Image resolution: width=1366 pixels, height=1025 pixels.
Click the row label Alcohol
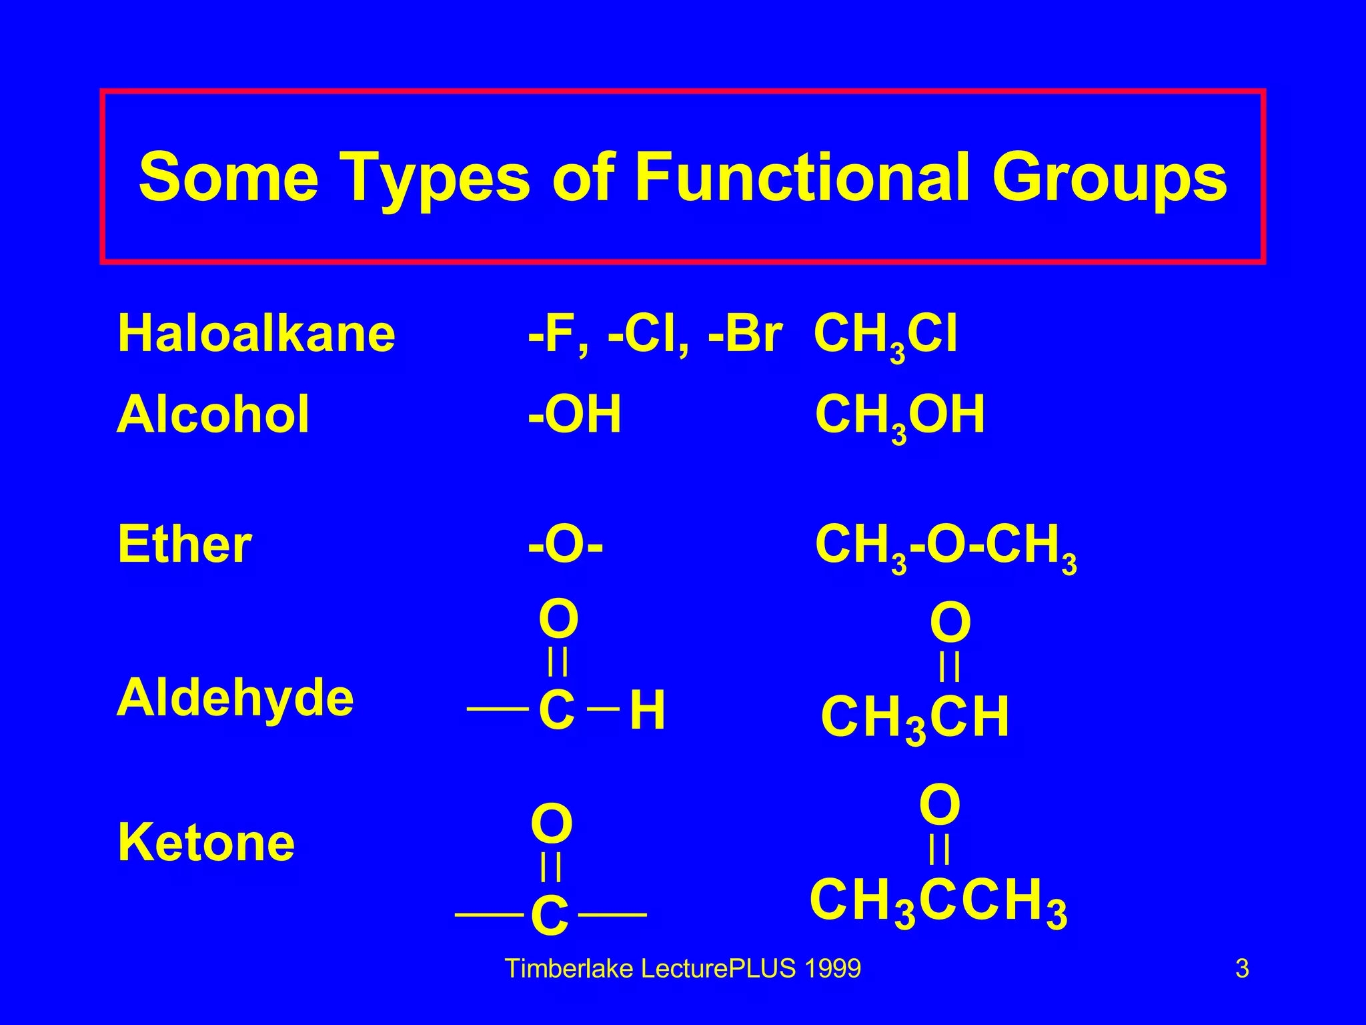(213, 414)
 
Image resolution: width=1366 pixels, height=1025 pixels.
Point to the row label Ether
(184, 544)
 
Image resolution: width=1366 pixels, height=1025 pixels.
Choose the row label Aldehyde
(235, 697)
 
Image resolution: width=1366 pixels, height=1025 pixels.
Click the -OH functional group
(574, 414)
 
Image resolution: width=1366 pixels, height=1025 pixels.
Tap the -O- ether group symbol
(566, 545)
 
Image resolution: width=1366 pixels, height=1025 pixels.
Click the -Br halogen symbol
(745, 334)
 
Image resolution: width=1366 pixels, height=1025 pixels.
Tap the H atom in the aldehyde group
(647, 711)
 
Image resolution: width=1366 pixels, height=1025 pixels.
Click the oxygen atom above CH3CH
(950, 623)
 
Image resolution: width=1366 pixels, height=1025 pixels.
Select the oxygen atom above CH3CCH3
(940, 806)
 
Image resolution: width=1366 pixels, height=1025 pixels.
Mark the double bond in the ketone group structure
(551, 868)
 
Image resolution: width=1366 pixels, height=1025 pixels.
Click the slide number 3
(1242, 968)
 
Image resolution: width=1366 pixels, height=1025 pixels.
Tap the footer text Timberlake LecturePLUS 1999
(683, 968)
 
